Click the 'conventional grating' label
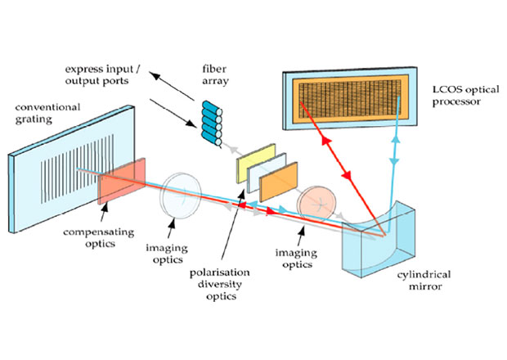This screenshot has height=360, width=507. click(47, 113)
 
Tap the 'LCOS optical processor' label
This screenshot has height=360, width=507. click(466, 96)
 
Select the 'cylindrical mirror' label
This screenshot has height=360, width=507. click(424, 281)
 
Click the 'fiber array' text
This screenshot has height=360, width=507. click(215, 74)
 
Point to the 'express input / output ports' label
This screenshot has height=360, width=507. click(102, 74)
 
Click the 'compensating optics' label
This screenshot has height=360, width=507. click(99, 238)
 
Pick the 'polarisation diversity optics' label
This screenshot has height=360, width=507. click(220, 285)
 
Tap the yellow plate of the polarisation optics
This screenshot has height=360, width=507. click(256, 164)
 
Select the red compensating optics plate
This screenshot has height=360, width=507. click(122, 181)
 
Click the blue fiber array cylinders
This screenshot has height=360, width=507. click(212, 124)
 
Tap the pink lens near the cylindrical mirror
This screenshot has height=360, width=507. click(316, 204)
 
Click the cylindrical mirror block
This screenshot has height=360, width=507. click(379, 240)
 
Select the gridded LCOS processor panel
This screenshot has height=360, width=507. click(350, 99)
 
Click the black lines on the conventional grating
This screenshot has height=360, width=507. click(77, 169)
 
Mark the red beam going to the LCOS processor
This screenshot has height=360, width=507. click(342, 169)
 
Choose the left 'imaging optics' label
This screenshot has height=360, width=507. click(167, 254)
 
